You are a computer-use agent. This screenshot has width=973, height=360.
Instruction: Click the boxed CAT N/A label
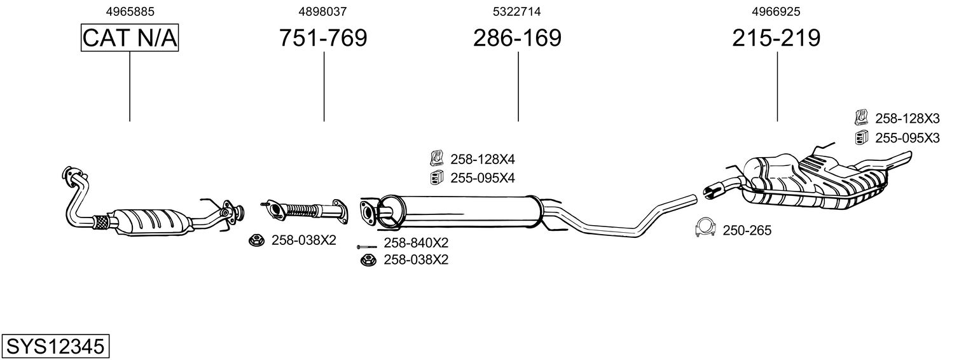[x=130, y=38]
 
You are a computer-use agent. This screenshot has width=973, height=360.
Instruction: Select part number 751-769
[x=323, y=38]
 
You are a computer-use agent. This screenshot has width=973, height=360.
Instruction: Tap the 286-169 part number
[x=517, y=38]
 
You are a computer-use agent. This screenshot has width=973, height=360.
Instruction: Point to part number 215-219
[x=776, y=38]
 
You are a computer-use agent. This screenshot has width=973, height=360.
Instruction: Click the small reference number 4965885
[x=130, y=11]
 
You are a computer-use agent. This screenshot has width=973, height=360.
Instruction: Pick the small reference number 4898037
[x=323, y=11]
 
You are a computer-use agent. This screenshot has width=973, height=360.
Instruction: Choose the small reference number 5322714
[x=517, y=11]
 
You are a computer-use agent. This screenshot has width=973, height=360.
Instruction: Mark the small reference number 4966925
[x=776, y=11]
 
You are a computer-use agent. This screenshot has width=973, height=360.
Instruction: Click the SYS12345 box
[x=55, y=347]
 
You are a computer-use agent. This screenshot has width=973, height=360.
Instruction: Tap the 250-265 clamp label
[x=747, y=230]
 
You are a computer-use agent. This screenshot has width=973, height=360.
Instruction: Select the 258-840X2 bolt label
[x=416, y=243]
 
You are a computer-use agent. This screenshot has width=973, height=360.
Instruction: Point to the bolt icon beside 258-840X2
[x=367, y=246]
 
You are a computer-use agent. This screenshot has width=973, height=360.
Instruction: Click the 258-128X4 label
[x=482, y=159]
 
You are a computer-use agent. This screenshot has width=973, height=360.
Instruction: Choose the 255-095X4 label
[x=482, y=177]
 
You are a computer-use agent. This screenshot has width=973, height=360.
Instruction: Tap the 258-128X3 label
[x=907, y=118]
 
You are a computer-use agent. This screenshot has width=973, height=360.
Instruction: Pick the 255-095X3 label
[x=907, y=137]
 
